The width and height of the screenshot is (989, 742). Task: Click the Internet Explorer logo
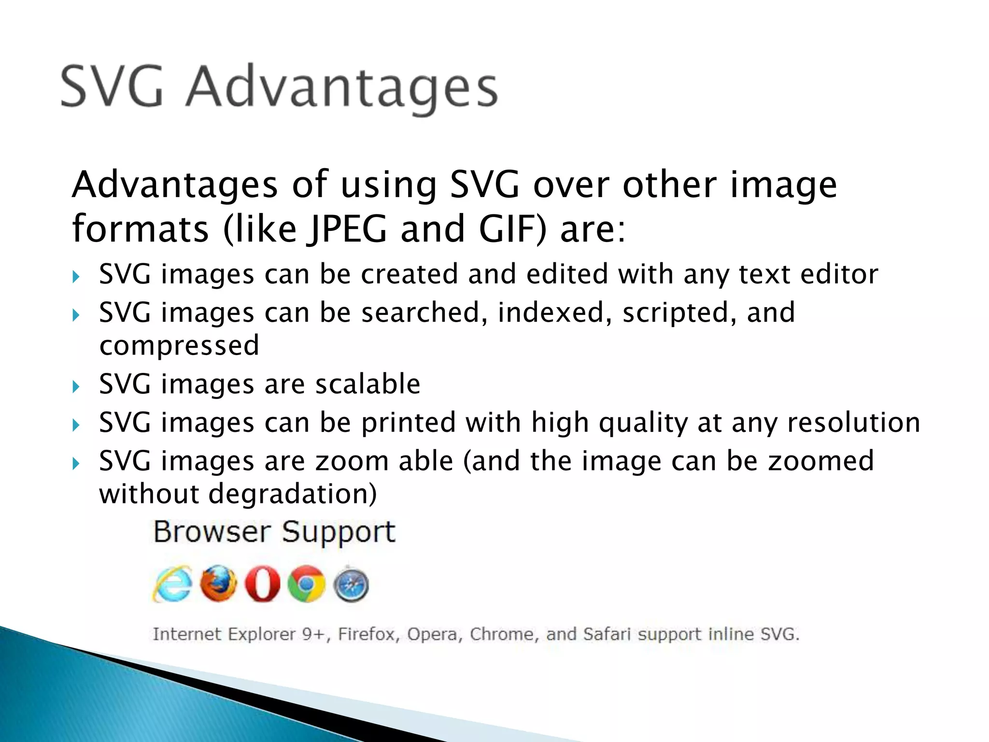coord(172,584)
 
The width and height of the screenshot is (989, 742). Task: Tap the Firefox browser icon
coord(218,584)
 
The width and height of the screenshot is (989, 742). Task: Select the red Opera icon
coord(262,584)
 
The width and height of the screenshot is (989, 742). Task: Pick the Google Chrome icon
coord(307,584)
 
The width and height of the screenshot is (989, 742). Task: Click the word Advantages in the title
coord(342,88)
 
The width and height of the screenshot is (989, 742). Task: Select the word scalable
coord(367,385)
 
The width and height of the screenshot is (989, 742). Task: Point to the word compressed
coord(179,346)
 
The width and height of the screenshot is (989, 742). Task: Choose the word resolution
coord(854,423)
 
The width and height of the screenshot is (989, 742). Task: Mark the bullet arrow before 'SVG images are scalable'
coord(75,386)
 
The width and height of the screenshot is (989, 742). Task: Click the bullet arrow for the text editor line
coord(75,277)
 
